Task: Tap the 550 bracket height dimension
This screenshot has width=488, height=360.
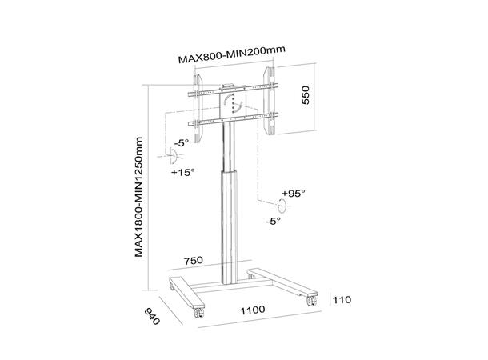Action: pyautogui.click(x=305, y=100)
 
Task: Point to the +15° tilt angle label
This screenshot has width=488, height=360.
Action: pyautogui.click(x=182, y=170)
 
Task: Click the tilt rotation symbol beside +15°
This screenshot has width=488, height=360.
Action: pyautogui.click(x=177, y=158)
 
